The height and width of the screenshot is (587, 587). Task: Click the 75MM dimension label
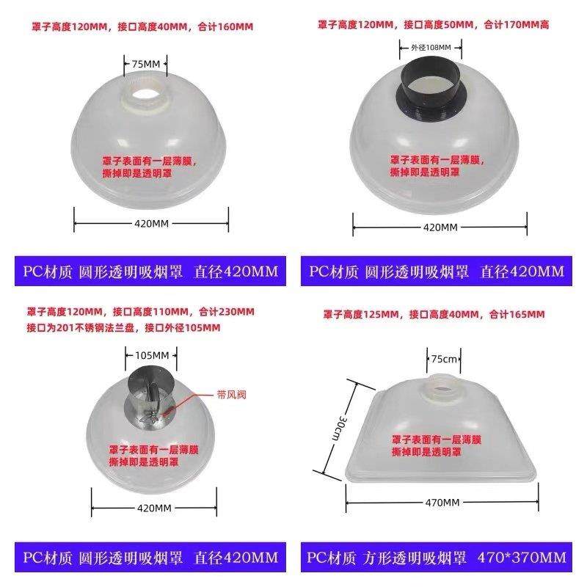(145, 64)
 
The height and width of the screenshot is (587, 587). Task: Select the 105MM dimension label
(152, 355)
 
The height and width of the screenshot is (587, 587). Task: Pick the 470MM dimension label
(443, 503)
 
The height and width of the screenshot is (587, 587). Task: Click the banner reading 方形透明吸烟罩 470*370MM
(437, 558)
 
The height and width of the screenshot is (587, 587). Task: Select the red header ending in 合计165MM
(434, 314)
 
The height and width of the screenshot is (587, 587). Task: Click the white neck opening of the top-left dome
(145, 95)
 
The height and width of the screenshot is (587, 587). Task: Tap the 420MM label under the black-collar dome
(440, 227)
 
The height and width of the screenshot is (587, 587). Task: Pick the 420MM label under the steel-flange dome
(154, 508)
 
